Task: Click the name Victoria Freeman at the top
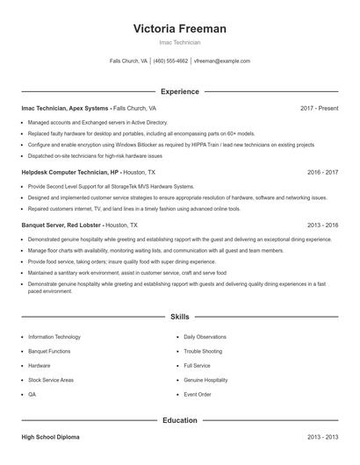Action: (x=179, y=29)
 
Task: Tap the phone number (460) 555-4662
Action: (x=170, y=61)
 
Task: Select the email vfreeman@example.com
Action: (x=222, y=61)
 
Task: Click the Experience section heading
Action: (x=180, y=91)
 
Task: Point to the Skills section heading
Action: (x=180, y=316)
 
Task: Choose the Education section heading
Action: (x=180, y=420)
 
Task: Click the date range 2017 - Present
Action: (x=319, y=108)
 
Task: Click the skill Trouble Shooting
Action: (x=203, y=351)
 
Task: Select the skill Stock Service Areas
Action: (x=51, y=380)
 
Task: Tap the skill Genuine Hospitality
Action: (x=205, y=380)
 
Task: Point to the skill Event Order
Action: (x=198, y=395)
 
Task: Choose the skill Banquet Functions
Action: (x=49, y=351)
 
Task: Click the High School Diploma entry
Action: (x=51, y=436)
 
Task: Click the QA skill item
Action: (x=32, y=395)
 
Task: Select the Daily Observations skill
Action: (x=205, y=337)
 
